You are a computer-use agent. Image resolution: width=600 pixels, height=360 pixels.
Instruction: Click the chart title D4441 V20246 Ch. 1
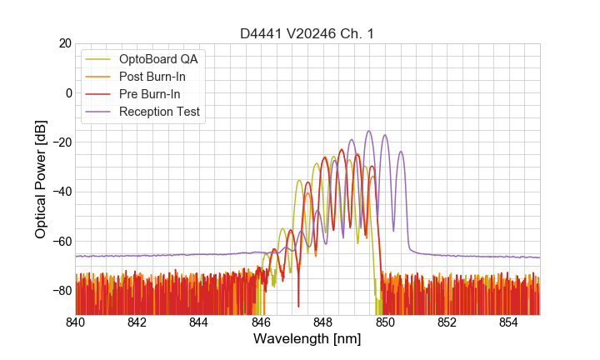pyautogui.click(x=307, y=32)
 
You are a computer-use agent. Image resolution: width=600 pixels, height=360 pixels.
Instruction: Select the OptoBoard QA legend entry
pyautogui.click(x=159, y=59)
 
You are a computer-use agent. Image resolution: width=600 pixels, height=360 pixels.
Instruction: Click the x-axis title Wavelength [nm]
pyautogui.click(x=307, y=340)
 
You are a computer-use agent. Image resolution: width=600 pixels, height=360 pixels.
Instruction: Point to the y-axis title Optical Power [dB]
pyautogui.click(x=41, y=179)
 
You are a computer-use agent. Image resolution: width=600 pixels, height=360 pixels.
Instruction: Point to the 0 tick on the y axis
pyautogui.click(x=68, y=92)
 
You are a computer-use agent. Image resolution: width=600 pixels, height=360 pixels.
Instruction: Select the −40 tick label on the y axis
pyautogui.click(x=62, y=192)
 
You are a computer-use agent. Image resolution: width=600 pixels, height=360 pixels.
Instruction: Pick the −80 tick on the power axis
pyautogui.click(x=62, y=291)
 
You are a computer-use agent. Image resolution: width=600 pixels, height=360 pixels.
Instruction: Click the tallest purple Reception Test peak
pyautogui.click(x=368, y=132)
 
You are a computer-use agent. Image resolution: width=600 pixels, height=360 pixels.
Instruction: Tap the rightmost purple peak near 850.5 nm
pyautogui.click(x=401, y=152)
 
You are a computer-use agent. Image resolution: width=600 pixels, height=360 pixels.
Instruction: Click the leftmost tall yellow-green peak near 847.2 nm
pyautogui.click(x=299, y=181)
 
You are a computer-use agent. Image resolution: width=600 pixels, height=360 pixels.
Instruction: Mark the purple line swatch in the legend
pyautogui.click(x=98, y=112)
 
